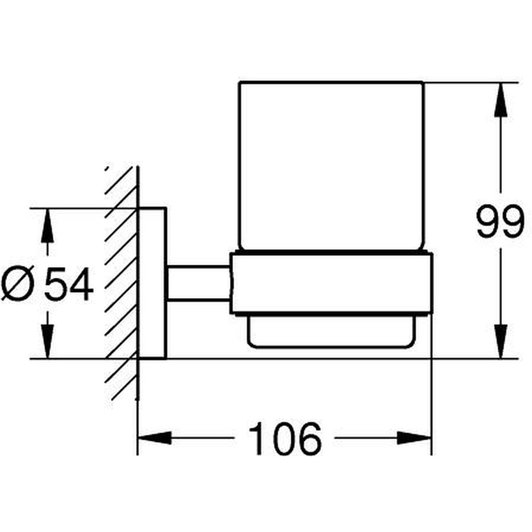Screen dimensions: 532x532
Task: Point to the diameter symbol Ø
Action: [x=18, y=284]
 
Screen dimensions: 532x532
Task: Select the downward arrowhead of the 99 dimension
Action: [x=501, y=341]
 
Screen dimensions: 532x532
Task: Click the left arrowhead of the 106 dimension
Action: [x=155, y=438]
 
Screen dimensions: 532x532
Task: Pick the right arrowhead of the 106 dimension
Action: [x=414, y=438]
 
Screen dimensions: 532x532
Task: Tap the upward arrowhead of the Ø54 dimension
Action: [x=47, y=226]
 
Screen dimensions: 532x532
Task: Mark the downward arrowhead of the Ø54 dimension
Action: [x=47, y=342]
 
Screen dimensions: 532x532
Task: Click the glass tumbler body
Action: [x=331, y=166]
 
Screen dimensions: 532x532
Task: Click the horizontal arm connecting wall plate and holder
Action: [x=199, y=283]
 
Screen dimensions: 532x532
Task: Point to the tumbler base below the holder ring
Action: [x=331, y=332]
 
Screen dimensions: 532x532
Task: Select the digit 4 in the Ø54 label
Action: [x=82, y=284]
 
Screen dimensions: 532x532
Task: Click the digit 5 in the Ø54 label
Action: [x=56, y=284]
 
